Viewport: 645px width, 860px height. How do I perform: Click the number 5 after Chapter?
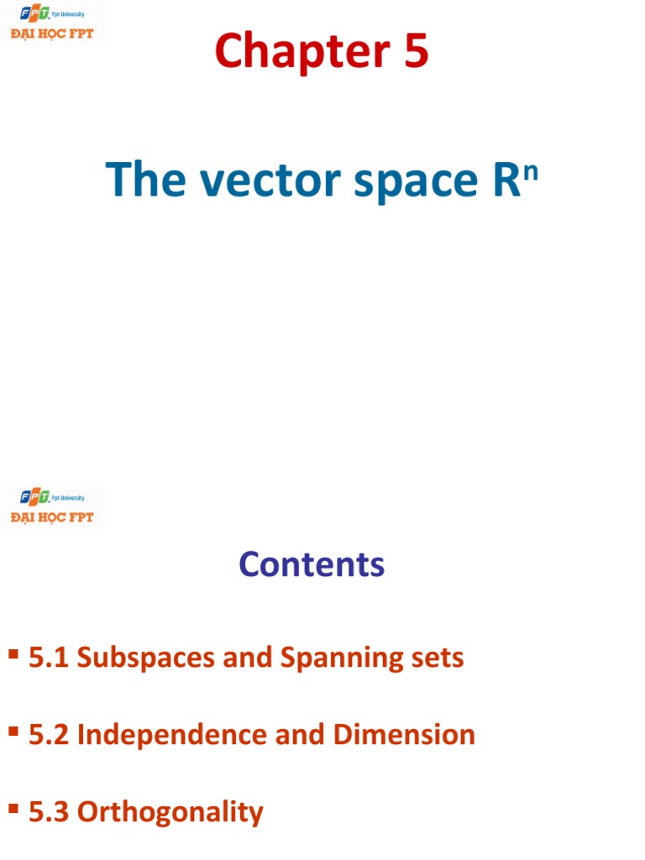412,52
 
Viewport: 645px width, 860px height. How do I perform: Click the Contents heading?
312,564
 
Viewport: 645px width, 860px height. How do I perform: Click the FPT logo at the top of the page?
52,23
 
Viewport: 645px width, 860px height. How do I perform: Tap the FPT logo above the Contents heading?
52,506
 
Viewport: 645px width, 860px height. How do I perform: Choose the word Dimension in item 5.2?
404,735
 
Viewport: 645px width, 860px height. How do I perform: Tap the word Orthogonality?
170,813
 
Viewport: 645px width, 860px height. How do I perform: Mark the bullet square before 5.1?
13,654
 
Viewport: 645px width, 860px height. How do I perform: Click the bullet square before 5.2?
13,732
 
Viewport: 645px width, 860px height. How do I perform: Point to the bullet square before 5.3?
13,809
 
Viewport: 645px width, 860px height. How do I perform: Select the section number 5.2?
50,735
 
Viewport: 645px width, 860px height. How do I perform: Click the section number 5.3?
50,812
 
